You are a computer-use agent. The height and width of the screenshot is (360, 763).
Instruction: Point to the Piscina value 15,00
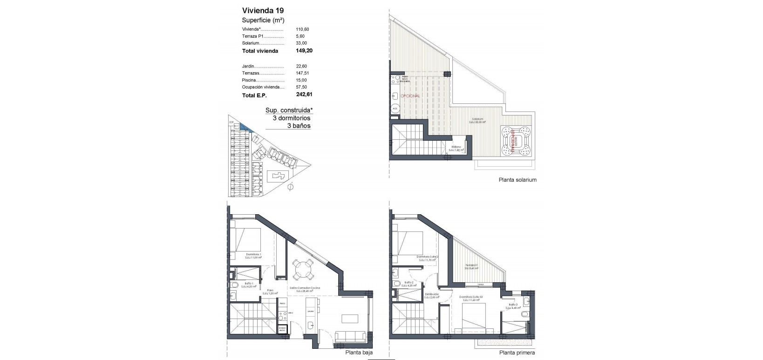click(x=302, y=80)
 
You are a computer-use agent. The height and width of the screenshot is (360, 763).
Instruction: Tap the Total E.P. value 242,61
click(x=304, y=95)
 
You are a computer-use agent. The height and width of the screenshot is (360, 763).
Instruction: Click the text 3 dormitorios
click(x=292, y=118)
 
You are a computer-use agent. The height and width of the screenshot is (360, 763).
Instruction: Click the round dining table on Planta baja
click(x=303, y=270)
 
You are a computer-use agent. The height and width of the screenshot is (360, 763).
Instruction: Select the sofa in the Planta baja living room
click(x=350, y=336)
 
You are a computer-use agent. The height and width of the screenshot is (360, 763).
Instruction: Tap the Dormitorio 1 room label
click(x=253, y=254)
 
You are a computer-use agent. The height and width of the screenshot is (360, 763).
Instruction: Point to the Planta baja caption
click(x=359, y=353)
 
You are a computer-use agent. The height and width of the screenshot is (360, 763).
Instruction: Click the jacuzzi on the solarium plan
click(x=516, y=142)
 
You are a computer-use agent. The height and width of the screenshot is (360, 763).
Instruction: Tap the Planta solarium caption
click(x=518, y=180)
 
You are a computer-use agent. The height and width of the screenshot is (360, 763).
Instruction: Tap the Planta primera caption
click(x=517, y=353)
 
